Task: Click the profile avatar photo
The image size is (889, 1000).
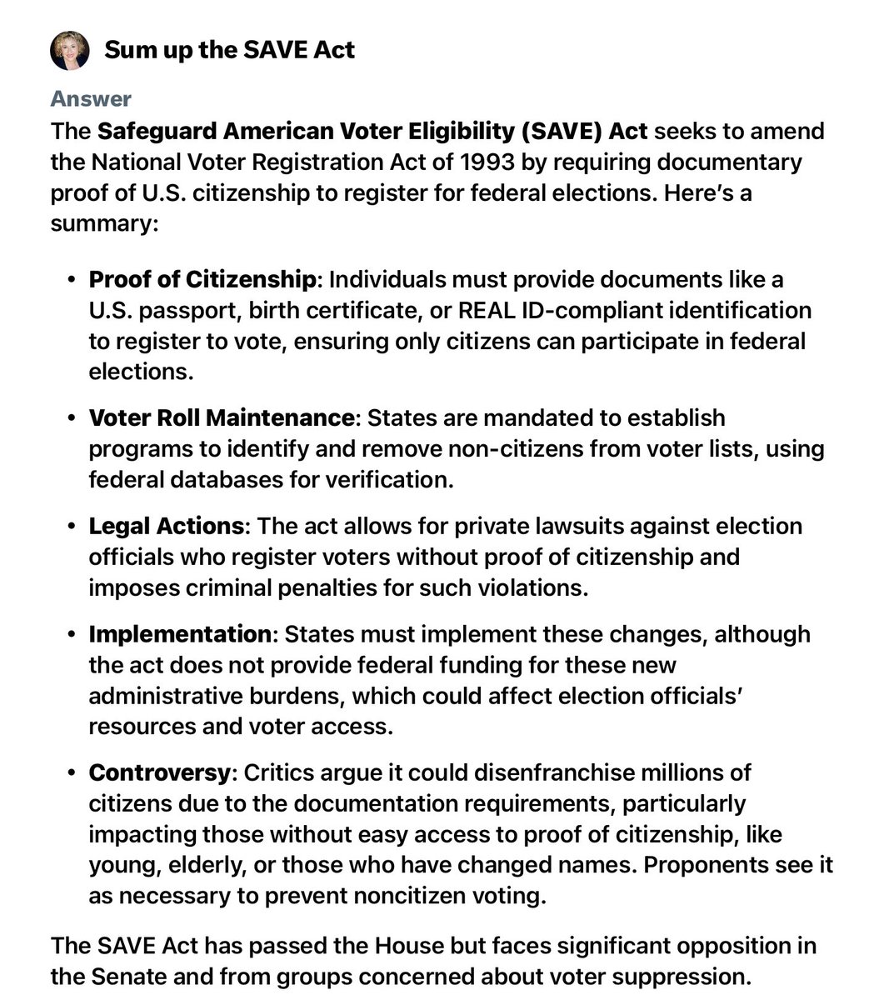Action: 70,50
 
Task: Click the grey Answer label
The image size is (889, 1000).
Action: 91,99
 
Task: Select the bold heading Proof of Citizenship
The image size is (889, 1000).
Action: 202,279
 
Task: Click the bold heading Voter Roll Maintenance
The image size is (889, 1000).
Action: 222,417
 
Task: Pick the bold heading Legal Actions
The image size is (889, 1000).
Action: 167,526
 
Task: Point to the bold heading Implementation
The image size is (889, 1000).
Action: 180,634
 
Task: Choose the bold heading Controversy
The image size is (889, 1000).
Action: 159,772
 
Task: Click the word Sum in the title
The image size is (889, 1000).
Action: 127,50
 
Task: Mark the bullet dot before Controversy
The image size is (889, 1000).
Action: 71,773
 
